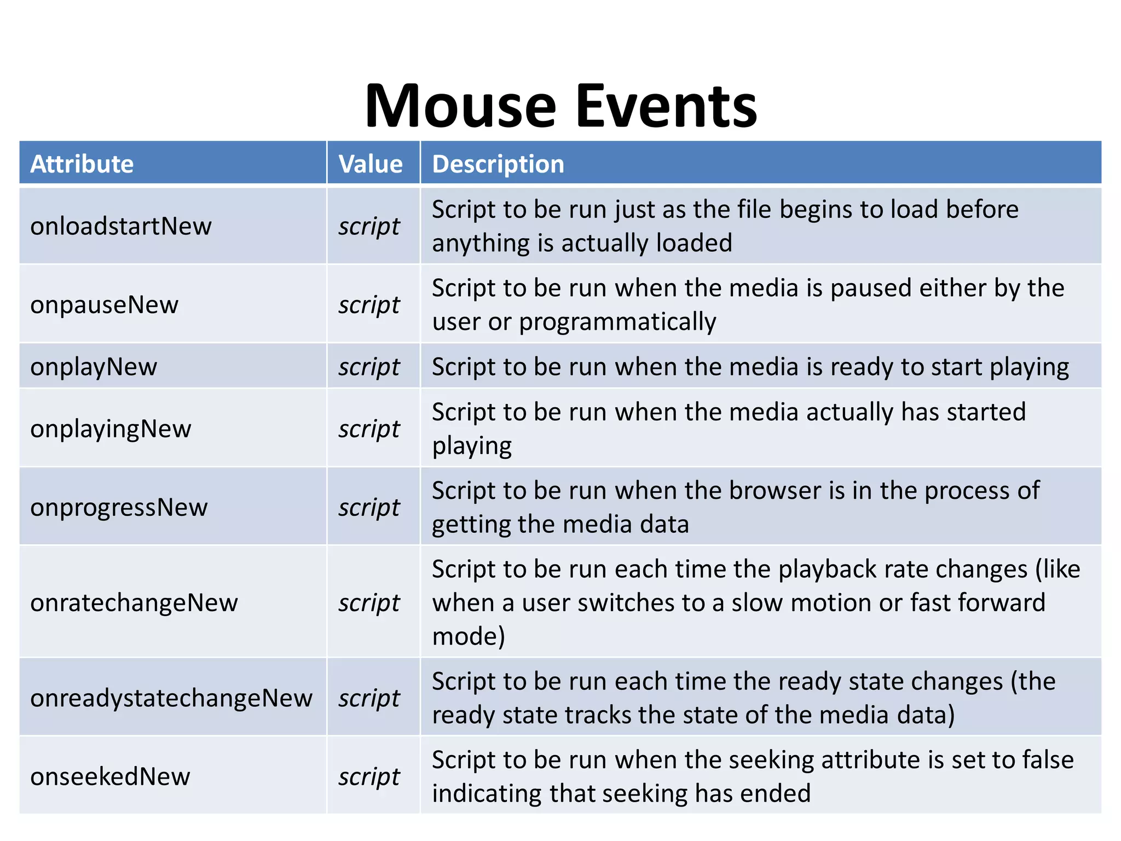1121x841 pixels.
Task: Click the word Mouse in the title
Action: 460,106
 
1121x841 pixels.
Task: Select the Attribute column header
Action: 82,164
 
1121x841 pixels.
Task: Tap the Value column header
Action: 371,164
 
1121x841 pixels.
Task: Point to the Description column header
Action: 498,164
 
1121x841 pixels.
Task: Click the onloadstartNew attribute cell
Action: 121,226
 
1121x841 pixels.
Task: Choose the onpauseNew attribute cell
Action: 105,305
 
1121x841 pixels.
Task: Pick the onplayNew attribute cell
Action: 94,367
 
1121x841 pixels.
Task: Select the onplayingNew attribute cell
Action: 111,429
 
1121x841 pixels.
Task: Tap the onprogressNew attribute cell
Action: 119,508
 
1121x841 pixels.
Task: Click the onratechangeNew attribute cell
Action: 134,603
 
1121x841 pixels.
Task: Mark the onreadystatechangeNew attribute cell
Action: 171,698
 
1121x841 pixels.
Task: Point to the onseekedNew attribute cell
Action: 110,776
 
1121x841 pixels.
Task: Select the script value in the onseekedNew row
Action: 369,777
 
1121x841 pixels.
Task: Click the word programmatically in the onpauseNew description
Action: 617,322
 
